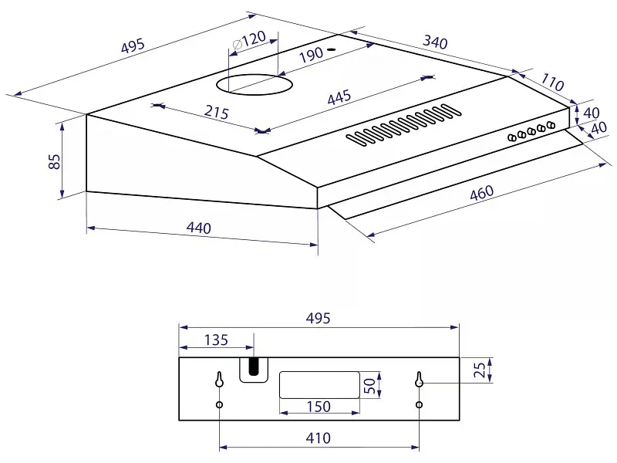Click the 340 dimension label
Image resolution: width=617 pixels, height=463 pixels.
435,42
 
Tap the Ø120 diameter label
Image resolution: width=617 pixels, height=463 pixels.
248,40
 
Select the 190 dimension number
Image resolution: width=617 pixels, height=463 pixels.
311,55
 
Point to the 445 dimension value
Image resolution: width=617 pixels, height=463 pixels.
339,97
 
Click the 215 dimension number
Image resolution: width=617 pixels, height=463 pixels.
217,112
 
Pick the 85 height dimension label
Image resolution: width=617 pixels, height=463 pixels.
54,161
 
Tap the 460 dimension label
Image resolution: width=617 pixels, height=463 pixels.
481,192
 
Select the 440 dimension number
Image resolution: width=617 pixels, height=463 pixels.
199,228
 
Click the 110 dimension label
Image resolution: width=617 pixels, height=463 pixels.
552,82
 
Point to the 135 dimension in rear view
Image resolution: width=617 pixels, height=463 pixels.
216,340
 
